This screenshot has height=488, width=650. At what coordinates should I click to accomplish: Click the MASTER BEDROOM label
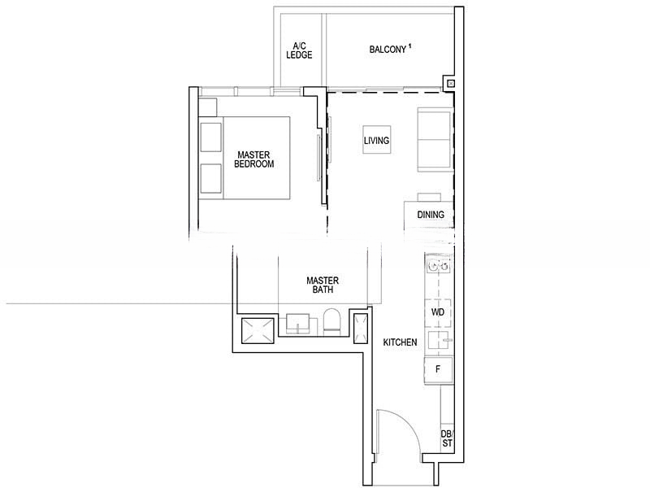253,159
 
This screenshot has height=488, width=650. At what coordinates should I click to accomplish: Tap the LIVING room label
376,141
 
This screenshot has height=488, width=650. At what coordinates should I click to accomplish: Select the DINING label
430,216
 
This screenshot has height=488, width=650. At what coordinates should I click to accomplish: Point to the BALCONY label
387,50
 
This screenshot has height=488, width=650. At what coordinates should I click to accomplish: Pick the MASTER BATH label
322,285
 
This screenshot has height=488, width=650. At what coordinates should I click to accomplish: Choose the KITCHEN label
400,342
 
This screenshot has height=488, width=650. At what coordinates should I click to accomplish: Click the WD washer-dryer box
437,312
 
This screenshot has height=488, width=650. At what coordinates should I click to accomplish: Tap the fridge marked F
438,368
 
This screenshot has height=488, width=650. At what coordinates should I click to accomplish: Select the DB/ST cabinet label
447,438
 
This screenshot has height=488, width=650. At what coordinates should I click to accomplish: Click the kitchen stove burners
438,266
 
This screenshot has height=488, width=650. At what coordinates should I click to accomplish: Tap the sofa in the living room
435,140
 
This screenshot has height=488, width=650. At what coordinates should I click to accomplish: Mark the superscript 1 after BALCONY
410,46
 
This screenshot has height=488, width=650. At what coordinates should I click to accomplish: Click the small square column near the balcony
449,82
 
